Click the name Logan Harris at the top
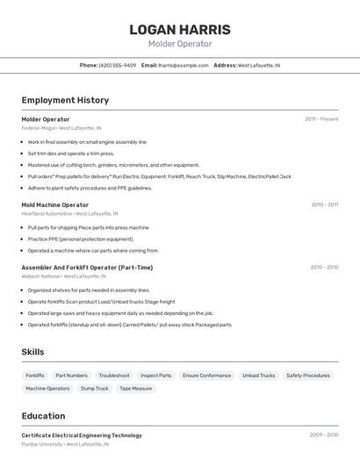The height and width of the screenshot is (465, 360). click(179, 30)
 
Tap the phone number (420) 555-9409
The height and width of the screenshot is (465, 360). click(118, 65)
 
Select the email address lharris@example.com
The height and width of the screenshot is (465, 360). click(184, 65)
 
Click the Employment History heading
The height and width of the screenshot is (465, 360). click(65, 100)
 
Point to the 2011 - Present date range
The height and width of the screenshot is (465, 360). click(321, 118)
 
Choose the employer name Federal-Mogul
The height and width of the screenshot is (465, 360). click(38, 128)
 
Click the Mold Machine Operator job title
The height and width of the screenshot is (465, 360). click(54, 204)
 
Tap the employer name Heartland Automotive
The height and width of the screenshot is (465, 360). click(47, 213)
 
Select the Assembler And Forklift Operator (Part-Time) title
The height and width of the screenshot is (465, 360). click(87, 267)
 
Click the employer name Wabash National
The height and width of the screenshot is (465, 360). click(40, 275)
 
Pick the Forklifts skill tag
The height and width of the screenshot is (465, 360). click(35, 376)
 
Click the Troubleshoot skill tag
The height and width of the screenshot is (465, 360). click(114, 376)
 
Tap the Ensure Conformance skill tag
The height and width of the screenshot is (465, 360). click(206, 376)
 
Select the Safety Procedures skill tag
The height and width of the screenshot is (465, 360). click(308, 376)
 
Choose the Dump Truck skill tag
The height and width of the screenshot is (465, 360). click(95, 388)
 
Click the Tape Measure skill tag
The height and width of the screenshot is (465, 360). click(136, 388)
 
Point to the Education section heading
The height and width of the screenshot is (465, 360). click(43, 416)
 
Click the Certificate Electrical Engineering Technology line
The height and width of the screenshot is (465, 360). click(82, 435)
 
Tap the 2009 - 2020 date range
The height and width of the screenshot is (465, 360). click(323, 435)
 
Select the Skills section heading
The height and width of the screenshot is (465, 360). click(33, 351)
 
